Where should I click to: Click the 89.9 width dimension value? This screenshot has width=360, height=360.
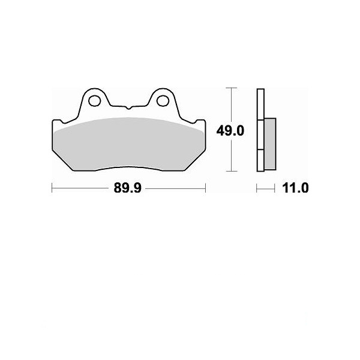click(x=128, y=188)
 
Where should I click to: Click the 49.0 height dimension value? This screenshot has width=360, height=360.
click(x=230, y=131)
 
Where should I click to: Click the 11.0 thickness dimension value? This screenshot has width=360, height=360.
click(x=295, y=188)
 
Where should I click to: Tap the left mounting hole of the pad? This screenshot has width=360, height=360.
click(x=95, y=101)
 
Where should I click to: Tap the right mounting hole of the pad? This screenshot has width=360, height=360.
click(x=163, y=101)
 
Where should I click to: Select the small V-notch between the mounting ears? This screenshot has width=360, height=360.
click(x=128, y=107)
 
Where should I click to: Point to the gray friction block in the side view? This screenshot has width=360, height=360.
click(x=270, y=144)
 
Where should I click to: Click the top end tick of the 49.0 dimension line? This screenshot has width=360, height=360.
click(x=232, y=88)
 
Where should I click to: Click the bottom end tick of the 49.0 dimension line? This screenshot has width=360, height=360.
click(x=232, y=171)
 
